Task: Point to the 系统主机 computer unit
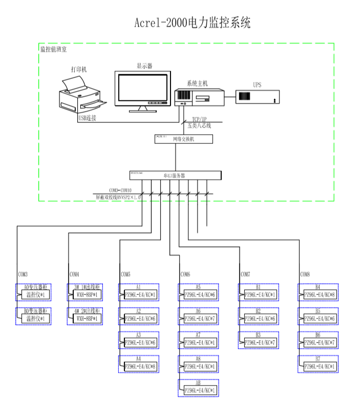pos(199,97)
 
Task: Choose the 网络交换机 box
pos(175,139)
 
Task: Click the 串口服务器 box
pos(175,175)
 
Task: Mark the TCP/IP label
pos(199,119)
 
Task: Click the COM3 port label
pos(23,274)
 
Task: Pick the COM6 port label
pos(185,274)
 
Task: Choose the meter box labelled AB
pos(199,388)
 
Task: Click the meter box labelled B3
pos(259,339)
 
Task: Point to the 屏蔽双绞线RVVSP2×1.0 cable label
pos(118,196)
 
